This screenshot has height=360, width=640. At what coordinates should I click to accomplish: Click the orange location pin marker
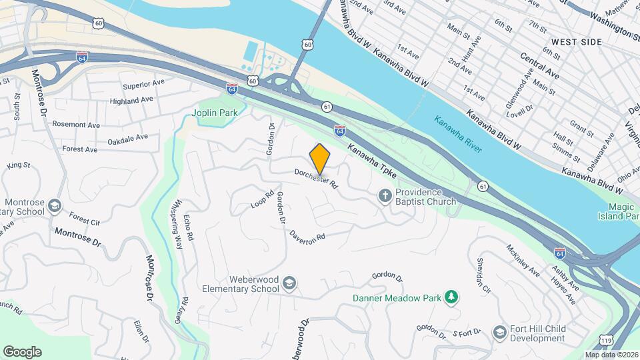point(320,159)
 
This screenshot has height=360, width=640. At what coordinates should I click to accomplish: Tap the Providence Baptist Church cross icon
point(384,196)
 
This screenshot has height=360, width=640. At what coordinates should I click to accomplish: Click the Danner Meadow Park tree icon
point(451,297)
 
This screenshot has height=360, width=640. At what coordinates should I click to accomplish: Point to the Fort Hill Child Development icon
point(499,332)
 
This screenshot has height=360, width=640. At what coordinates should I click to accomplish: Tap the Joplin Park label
point(216,113)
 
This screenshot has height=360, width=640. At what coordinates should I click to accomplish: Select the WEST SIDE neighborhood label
point(576,42)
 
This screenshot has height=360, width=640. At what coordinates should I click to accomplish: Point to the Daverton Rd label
point(307,235)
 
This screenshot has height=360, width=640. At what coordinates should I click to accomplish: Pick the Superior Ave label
point(143,85)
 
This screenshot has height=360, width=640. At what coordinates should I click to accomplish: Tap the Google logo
point(22,351)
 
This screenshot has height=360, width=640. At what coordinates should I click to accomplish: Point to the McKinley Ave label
point(523,260)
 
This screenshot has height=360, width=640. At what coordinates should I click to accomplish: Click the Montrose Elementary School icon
point(54,206)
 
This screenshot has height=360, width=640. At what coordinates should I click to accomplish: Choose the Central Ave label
point(539,65)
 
